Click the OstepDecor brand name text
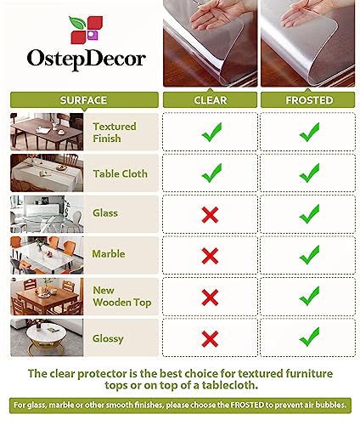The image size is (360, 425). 78,60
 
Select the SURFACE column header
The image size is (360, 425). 83,99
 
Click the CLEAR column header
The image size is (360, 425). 210,99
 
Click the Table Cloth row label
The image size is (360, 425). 120,173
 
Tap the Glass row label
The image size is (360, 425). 105,213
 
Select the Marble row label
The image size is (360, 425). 110,253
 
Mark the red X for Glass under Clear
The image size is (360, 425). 210,214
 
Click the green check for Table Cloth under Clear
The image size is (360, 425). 210,173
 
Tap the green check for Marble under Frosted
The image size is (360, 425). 309,254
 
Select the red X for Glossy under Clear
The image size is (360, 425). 210,336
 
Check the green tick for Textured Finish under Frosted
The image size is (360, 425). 309,132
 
